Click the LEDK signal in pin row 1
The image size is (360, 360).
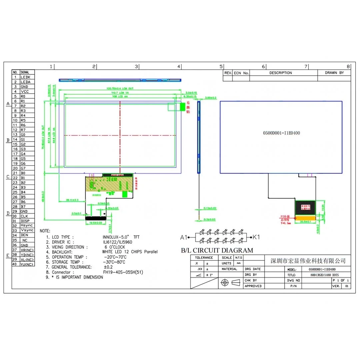(25, 77)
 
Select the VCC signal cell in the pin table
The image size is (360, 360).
(25, 91)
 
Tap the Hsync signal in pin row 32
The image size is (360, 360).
(26, 226)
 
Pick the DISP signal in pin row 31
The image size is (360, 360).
(25, 221)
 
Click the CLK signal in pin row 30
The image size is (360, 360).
(24, 216)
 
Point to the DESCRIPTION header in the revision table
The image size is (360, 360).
(280, 73)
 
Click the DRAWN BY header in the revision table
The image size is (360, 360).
(334, 73)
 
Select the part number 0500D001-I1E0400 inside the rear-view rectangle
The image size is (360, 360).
(281, 133)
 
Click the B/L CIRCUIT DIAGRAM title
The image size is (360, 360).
(217, 250)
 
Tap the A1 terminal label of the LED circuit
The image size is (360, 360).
(183, 238)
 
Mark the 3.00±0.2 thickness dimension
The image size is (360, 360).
(211, 98)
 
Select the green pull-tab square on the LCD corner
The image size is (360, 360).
(182, 107)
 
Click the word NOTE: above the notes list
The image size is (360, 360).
(45, 231)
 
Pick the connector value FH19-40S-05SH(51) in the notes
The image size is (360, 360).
(123, 272)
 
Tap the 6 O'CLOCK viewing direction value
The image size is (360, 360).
(115, 247)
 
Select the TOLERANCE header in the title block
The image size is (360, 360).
(204, 258)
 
